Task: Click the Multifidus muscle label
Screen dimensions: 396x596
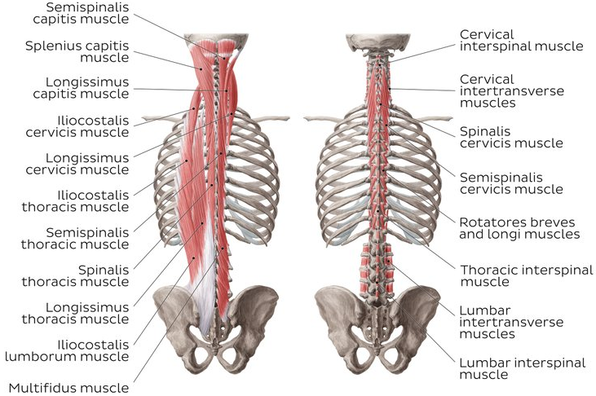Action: click(x=68, y=387)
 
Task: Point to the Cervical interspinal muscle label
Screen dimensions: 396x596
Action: click(x=521, y=40)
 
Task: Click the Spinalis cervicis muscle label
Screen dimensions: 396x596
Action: click(x=510, y=136)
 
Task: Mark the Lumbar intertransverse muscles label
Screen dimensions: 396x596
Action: click(x=511, y=321)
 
